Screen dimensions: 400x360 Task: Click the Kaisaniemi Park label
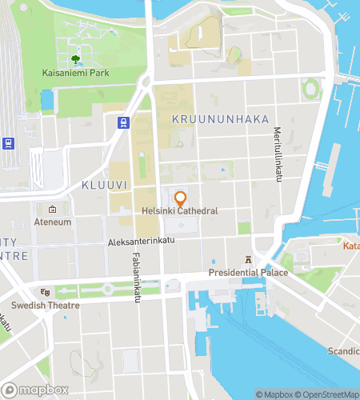77,74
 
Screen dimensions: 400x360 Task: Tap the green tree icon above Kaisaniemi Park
76,59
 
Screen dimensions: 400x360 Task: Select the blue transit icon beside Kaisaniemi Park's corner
124,122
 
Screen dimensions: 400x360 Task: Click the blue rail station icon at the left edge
8,143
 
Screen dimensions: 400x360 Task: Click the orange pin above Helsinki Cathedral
180,197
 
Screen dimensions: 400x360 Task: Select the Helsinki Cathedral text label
180,211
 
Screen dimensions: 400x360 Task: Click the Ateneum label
53,222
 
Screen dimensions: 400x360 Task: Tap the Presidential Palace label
248,273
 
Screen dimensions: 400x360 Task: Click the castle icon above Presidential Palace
248,260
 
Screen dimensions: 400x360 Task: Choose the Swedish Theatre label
45,306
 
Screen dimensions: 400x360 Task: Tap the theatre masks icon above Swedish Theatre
45,293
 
